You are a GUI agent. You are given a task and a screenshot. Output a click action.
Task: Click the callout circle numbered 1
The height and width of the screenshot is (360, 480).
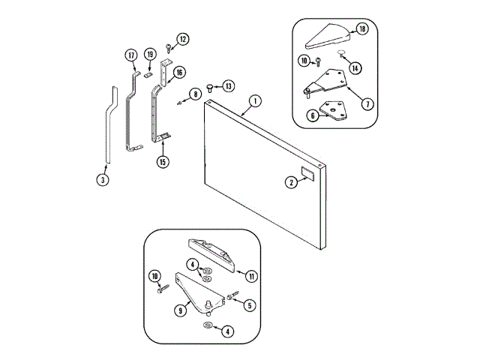tap(255, 100)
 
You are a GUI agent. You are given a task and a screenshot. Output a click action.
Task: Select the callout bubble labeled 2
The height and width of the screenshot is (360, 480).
tap(289, 181)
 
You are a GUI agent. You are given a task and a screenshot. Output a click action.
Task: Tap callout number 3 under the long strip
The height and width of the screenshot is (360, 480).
tap(103, 179)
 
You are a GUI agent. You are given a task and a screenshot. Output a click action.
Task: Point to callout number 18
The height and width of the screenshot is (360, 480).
tap(362, 30)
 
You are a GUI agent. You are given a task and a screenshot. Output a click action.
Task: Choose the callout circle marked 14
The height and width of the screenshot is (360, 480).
tap(355, 67)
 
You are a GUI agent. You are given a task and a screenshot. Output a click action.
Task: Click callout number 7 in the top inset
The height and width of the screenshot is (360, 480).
tap(367, 104)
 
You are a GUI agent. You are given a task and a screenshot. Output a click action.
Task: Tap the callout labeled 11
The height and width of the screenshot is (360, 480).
tap(251, 276)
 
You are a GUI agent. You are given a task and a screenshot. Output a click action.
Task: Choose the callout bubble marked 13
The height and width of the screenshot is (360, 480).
tap(228, 85)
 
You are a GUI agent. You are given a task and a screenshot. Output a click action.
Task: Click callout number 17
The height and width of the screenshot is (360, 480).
tap(131, 55)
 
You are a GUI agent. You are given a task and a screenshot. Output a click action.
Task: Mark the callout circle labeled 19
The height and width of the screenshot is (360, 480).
tap(150, 55)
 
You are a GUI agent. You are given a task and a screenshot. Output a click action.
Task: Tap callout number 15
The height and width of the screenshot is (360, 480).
tap(162, 160)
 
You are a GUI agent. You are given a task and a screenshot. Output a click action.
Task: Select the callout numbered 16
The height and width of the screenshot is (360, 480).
tap(179, 73)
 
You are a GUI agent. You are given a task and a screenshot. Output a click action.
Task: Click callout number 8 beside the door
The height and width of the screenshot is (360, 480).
tap(194, 94)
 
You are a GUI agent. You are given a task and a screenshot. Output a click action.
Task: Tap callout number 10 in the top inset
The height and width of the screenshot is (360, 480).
tap(304, 60)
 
